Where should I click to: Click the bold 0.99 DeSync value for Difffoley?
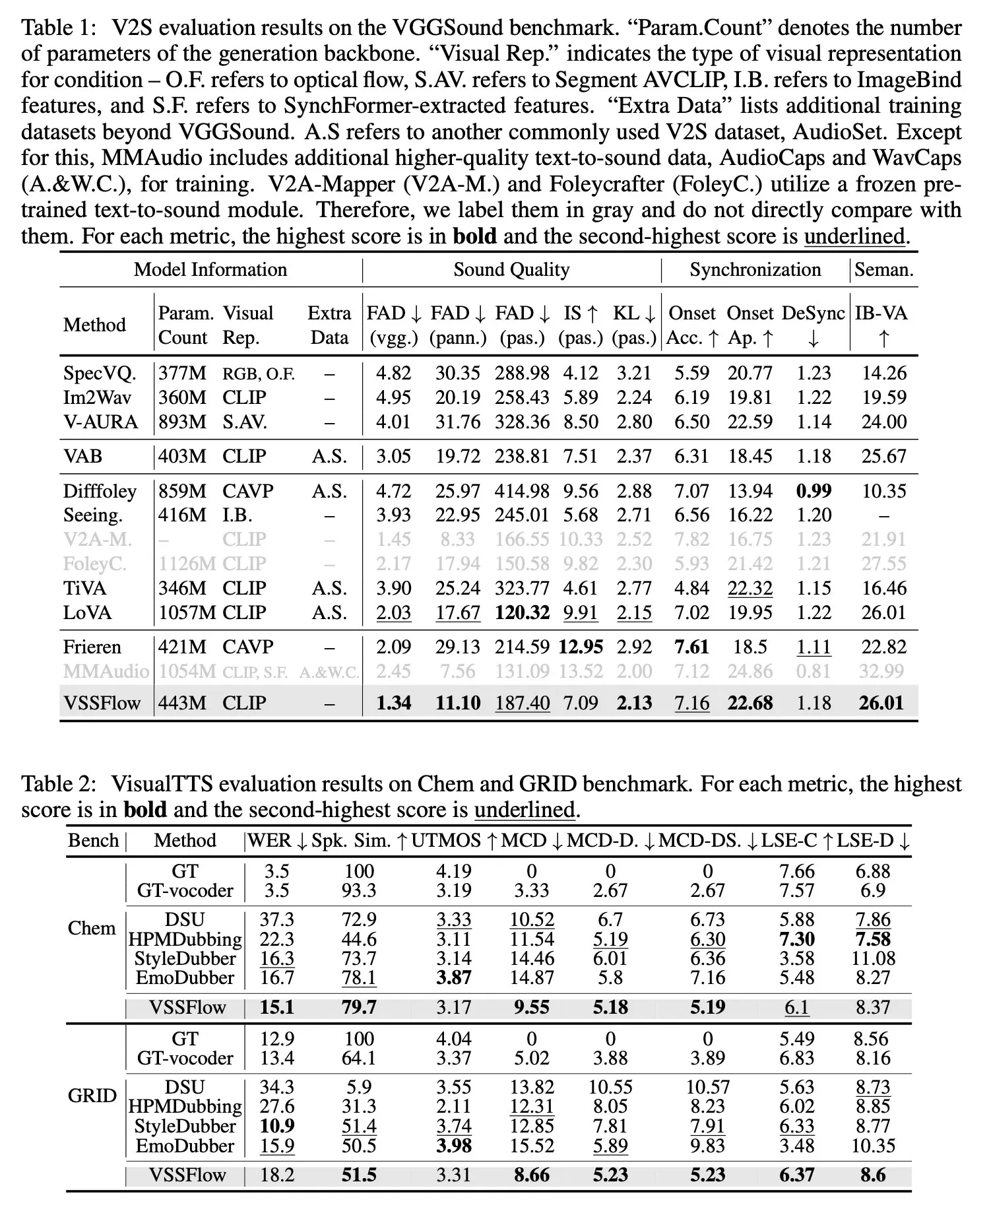(x=814, y=491)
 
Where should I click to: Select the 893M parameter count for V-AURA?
(x=183, y=422)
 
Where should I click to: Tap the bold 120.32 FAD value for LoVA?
(x=522, y=612)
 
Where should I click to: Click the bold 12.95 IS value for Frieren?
(x=580, y=647)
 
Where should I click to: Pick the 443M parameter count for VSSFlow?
(x=183, y=703)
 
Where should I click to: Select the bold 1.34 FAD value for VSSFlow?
(x=393, y=703)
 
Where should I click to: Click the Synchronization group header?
(x=755, y=269)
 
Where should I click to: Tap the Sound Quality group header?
(x=511, y=269)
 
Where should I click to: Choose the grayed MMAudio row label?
(x=106, y=671)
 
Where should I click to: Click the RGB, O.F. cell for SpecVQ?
(x=259, y=374)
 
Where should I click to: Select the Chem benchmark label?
(x=92, y=928)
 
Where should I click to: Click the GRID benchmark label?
(x=92, y=1096)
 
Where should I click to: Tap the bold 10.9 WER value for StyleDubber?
(x=277, y=1126)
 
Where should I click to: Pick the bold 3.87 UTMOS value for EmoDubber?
(x=454, y=977)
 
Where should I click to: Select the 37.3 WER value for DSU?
(x=277, y=919)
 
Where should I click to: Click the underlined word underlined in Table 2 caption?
(x=525, y=809)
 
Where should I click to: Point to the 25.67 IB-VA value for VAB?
(x=884, y=456)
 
